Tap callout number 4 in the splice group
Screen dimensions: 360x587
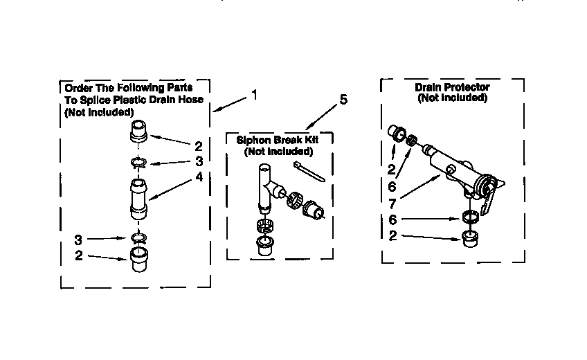(x=199, y=177)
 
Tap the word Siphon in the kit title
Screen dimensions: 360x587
(x=253, y=139)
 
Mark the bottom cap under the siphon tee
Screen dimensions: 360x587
(x=264, y=246)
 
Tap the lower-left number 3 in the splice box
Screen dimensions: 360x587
(x=78, y=240)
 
